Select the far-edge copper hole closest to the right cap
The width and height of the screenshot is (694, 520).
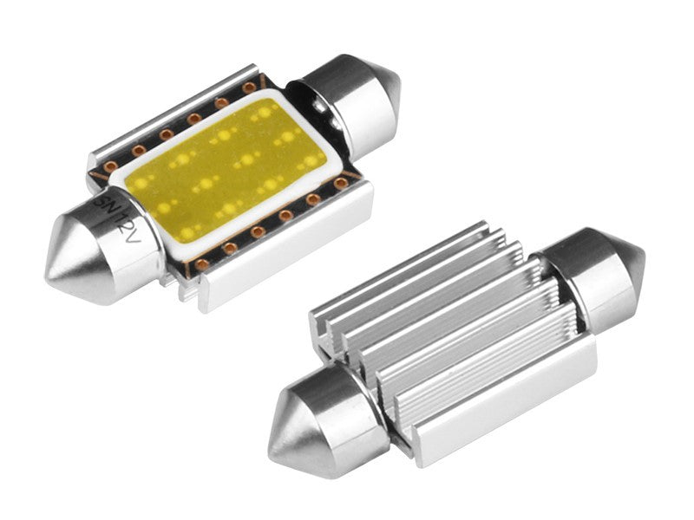(x=250, y=87)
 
